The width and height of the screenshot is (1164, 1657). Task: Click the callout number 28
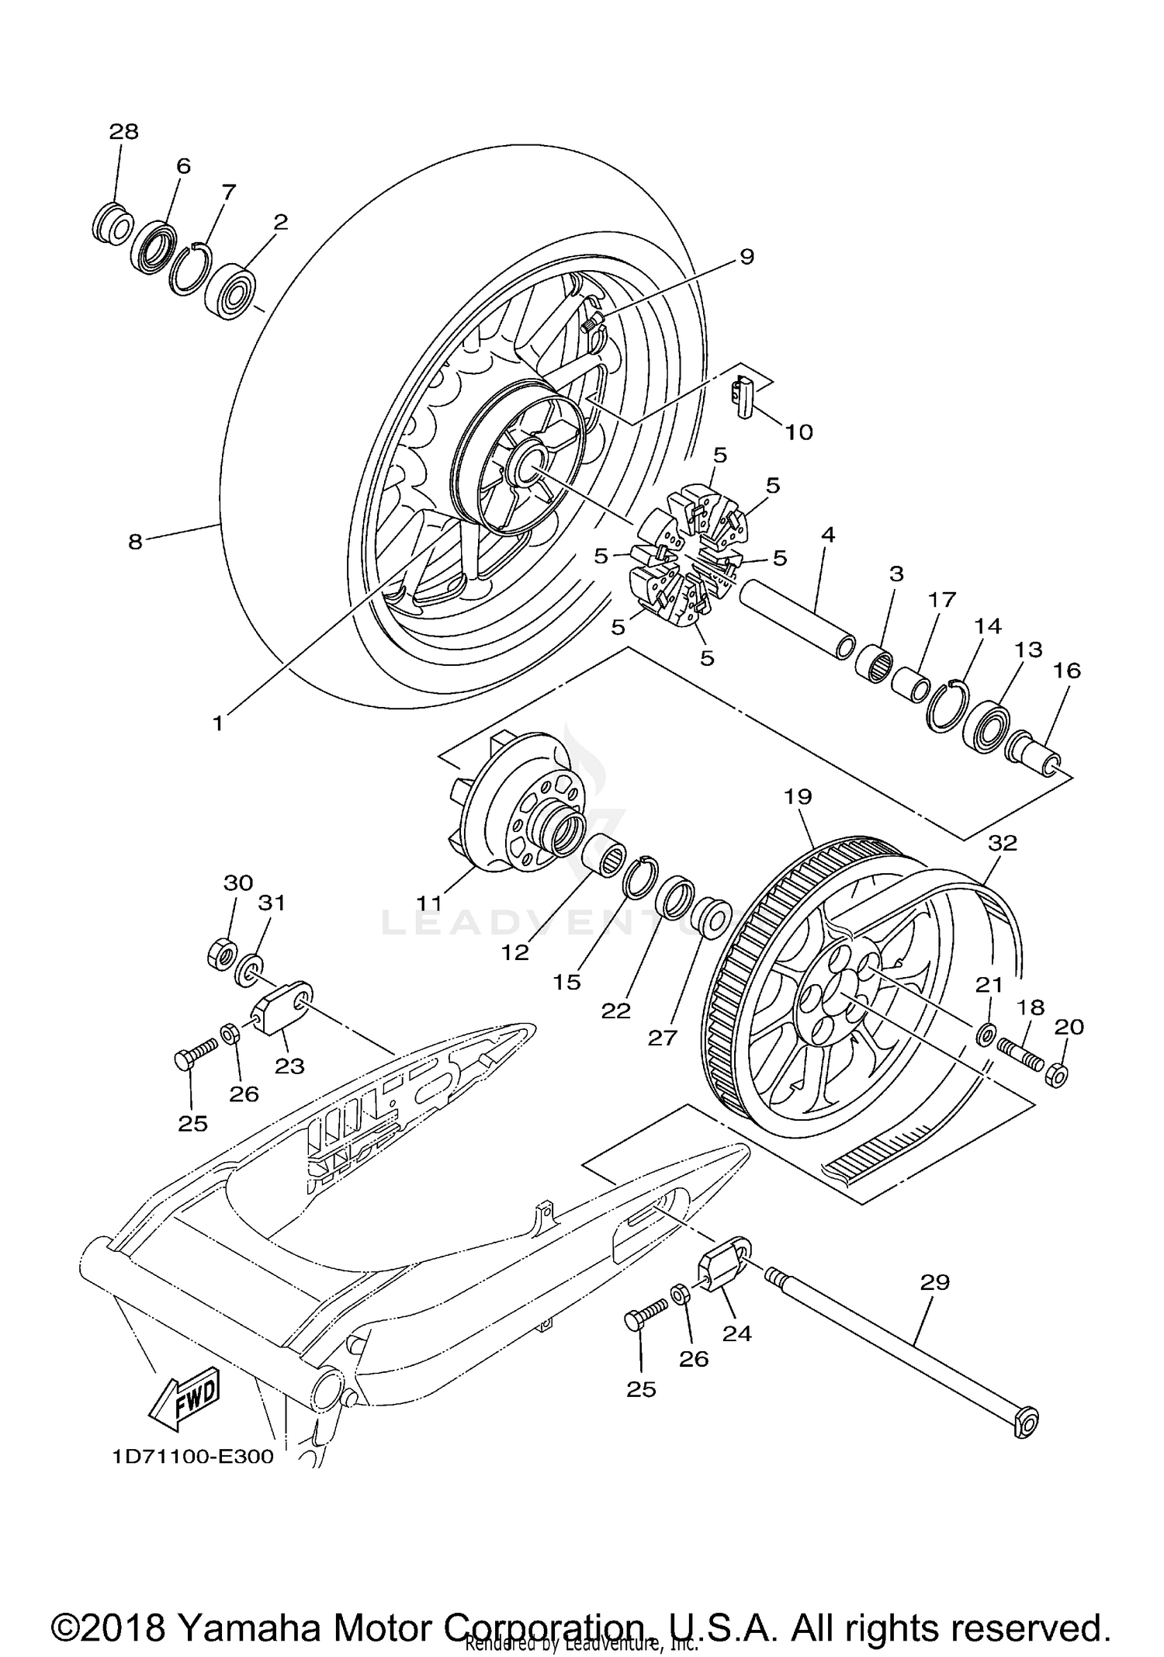123,132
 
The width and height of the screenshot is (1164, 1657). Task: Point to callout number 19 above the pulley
798,796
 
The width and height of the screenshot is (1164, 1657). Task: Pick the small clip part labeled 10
745,397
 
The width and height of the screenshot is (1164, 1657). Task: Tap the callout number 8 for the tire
136,542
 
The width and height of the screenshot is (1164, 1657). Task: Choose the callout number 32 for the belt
1003,843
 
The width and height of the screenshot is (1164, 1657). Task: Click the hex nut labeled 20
1058,1075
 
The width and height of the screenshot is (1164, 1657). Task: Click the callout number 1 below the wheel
218,723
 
